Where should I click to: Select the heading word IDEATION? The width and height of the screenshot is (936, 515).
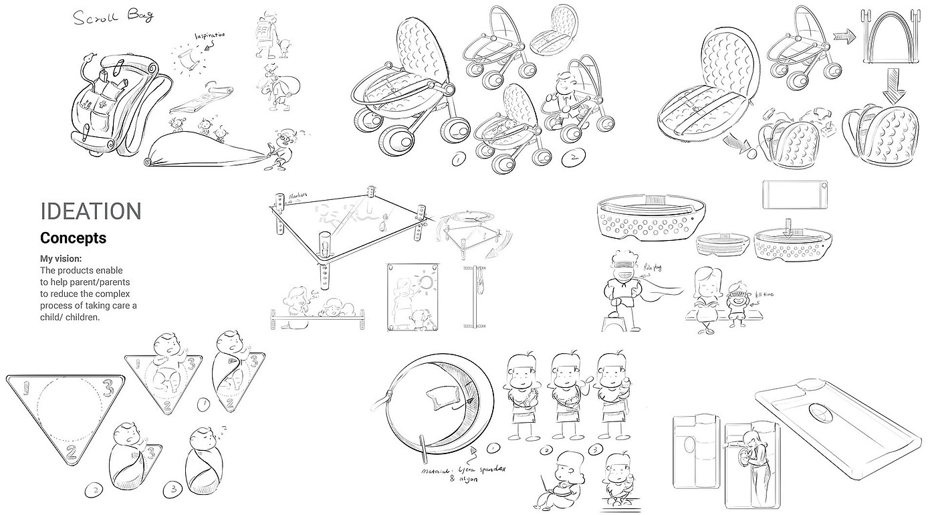[x=91, y=211]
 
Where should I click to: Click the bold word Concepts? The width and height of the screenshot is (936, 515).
[x=73, y=237]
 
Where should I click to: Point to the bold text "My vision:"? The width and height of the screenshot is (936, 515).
[x=66, y=258]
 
